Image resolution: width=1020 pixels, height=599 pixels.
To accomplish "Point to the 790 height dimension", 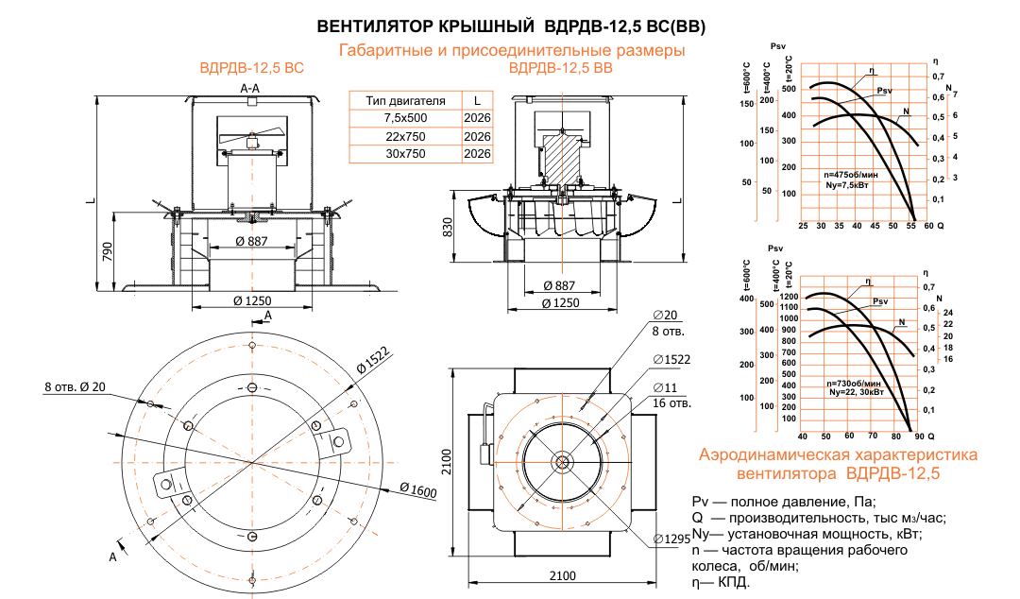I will [x=108, y=251].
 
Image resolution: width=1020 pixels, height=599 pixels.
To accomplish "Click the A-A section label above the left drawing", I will [x=251, y=87].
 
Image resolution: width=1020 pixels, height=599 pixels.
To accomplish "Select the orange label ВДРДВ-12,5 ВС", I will [x=251, y=69].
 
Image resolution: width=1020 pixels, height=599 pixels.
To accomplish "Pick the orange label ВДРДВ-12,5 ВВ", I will [x=561, y=69].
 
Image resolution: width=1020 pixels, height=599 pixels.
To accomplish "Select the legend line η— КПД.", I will [x=722, y=583].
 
